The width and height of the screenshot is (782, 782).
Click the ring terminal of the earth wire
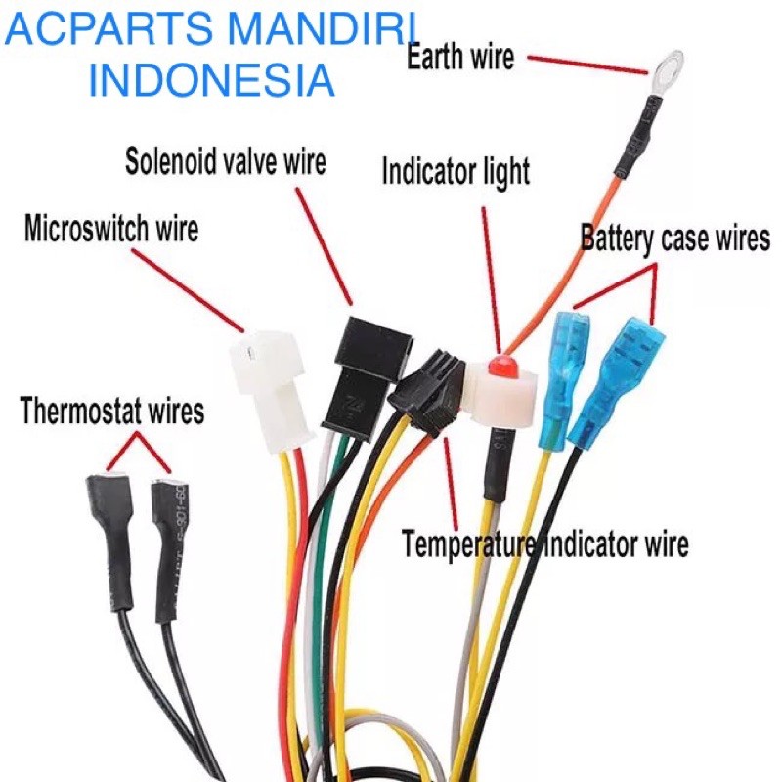tap(667, 67)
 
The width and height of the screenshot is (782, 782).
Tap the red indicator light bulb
tap(502, 369)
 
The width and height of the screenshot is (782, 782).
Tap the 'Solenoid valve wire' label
tap(226, 160)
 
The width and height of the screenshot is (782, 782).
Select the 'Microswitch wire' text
tap(111, 230)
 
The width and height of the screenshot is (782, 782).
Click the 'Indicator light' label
tap(456, 173)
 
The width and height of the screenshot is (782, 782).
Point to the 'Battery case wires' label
tap(675, 238)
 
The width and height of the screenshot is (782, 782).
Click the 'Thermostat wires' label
tap(112, 411)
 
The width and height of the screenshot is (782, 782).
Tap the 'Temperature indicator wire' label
tap(544, 543)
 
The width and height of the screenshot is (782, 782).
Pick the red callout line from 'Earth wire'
tap(586, 65)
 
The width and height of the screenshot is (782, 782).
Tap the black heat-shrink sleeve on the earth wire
tap(635, 138)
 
